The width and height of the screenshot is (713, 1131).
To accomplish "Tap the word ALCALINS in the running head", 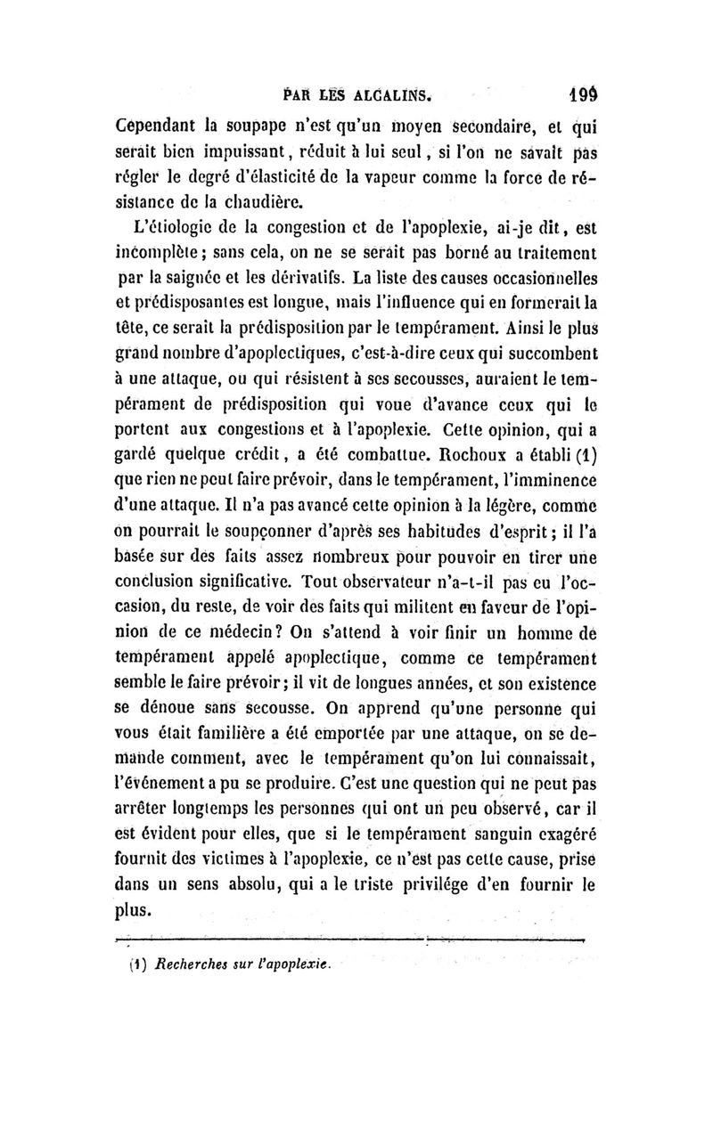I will coord(391,93).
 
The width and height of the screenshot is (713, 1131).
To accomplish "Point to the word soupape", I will coord(268,124).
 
